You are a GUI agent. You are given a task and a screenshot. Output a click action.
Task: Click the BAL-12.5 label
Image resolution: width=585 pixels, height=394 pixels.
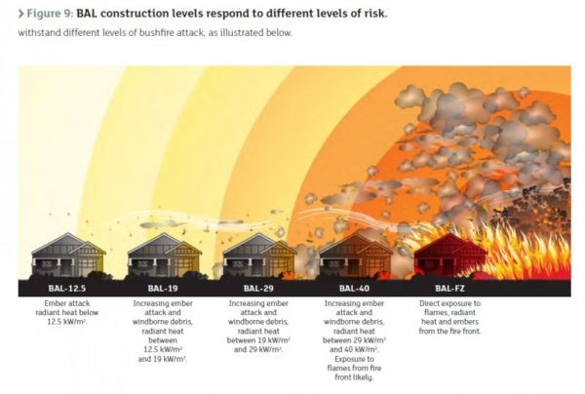tap(67, 288)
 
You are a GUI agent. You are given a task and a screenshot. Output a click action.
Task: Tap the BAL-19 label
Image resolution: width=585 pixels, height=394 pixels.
tap(163, 288)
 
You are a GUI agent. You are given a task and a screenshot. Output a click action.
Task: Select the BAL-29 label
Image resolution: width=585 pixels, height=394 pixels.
tap(258, 288)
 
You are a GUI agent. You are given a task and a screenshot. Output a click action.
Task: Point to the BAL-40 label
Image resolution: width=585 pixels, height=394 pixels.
tap(354, 288)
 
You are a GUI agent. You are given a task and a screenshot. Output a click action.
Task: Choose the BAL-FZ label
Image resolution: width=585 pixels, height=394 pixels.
tap(449, 288)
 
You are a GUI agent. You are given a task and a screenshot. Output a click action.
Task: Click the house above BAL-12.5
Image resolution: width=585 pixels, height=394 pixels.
tap(68, 256)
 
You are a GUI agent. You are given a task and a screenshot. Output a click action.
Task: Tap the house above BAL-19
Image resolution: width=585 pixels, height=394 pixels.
tap(164, 256)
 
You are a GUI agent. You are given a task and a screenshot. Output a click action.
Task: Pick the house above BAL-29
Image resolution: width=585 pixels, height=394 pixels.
tap(259, 256)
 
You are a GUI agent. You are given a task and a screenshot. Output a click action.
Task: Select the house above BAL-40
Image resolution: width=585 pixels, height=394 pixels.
tap(356, 256)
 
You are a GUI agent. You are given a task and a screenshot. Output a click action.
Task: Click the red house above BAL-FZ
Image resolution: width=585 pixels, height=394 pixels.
tap(450, 256)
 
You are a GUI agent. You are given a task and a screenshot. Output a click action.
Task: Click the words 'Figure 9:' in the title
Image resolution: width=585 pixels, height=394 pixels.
tap(50, 14)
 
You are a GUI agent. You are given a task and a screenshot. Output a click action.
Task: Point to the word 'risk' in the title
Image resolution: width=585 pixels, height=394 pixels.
tap(374, 14)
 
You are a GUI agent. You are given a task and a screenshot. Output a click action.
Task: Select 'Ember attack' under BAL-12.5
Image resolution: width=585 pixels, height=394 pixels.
tap(67, 303)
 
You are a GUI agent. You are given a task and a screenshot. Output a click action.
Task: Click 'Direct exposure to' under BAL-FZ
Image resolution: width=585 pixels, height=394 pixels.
tap(449, 303)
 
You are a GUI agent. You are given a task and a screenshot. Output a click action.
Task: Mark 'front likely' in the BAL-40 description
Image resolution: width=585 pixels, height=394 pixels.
tap(354, 377)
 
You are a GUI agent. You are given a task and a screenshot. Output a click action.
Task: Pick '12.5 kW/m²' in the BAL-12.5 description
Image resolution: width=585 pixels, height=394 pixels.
tap(67, 322)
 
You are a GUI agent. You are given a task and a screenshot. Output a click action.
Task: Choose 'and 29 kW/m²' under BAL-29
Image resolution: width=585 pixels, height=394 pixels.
tap(258, 349)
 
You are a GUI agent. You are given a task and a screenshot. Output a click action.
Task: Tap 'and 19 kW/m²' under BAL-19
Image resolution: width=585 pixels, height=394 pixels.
tap(163, 359)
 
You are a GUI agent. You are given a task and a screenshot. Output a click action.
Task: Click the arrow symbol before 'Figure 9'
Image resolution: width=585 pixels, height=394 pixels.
tap(20, 14)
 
